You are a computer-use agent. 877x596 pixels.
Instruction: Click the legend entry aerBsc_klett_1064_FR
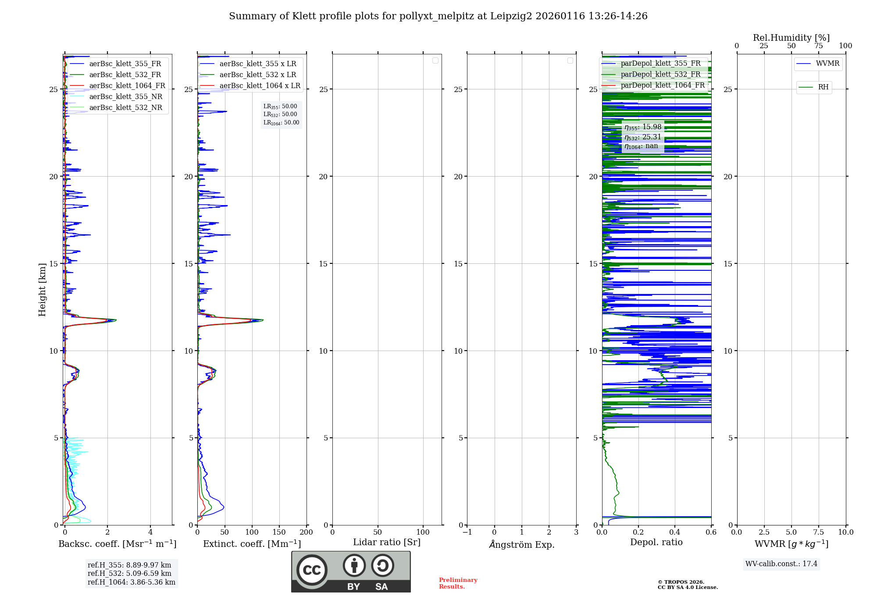pyautogui.click(x=127, y=86)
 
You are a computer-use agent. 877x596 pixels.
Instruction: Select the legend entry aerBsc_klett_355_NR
pyautogui.click(x=125, y=97)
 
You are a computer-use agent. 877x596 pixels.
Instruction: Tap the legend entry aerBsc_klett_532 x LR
pyautogui.click(x=257, y=75)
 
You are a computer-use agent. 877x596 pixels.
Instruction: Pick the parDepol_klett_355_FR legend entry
pyautogui.click(x=660, y=64)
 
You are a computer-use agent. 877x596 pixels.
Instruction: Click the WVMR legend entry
pyautogui.click(x=827, y=64)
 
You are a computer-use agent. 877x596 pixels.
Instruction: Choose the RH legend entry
pyautogui.click(x=823, y=87)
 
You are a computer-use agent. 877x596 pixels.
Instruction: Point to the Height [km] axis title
pyautogui.click(x=42, y=290)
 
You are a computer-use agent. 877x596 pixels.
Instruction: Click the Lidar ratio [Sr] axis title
pyautogui.click(x=386, y=543)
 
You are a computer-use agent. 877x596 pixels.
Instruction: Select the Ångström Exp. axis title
pyautogui.click(x=521, y=545)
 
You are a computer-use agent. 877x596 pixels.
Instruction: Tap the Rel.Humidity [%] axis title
pyautogui.click(x=791, y=38)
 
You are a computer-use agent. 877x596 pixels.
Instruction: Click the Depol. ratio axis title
pyautogui.click(x=656, y=543)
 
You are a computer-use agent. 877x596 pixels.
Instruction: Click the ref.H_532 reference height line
pyautogui.click(x=129, y=574)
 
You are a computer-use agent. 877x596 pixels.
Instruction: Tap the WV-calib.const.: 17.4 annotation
pyautogui.click(x=781, y=564)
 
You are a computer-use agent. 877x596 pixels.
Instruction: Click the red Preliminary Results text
pyautogui.click(x=458, y=583)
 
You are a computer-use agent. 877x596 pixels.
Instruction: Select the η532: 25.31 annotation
pyautogui.click(x=642, y=137)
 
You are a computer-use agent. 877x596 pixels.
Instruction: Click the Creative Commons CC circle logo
pyautogui.click(x=312, y=570)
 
